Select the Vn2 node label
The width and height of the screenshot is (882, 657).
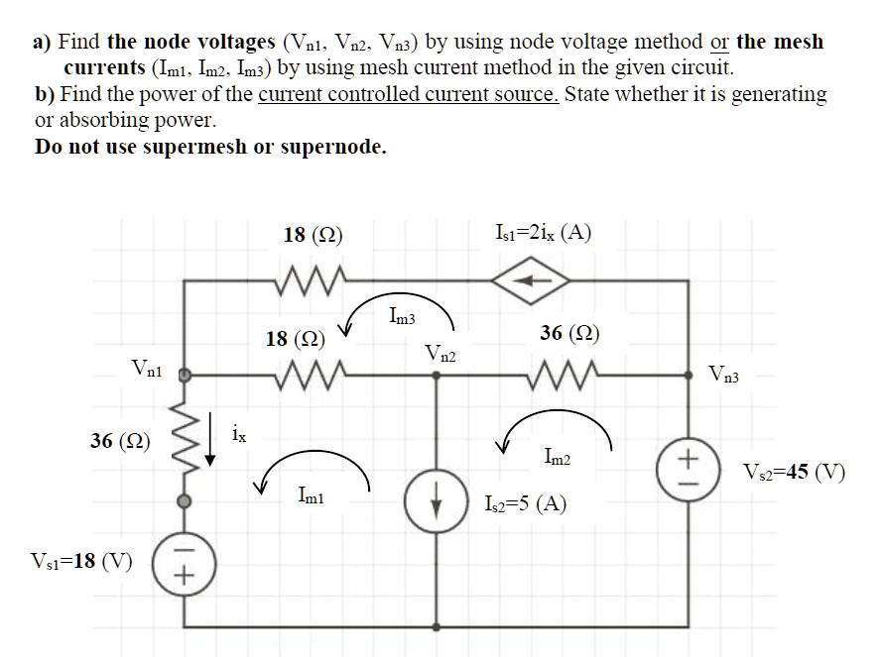pyautogui.click(x=441, y=353)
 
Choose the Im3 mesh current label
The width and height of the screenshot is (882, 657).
pyautogui.click(x=403, y=317)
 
